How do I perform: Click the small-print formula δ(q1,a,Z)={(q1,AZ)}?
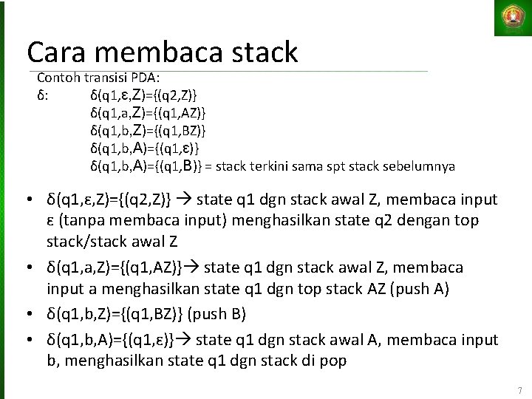pos(148,112)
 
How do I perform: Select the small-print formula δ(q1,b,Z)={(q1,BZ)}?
pos(148,130)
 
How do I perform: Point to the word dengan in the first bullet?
pos(433,221)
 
